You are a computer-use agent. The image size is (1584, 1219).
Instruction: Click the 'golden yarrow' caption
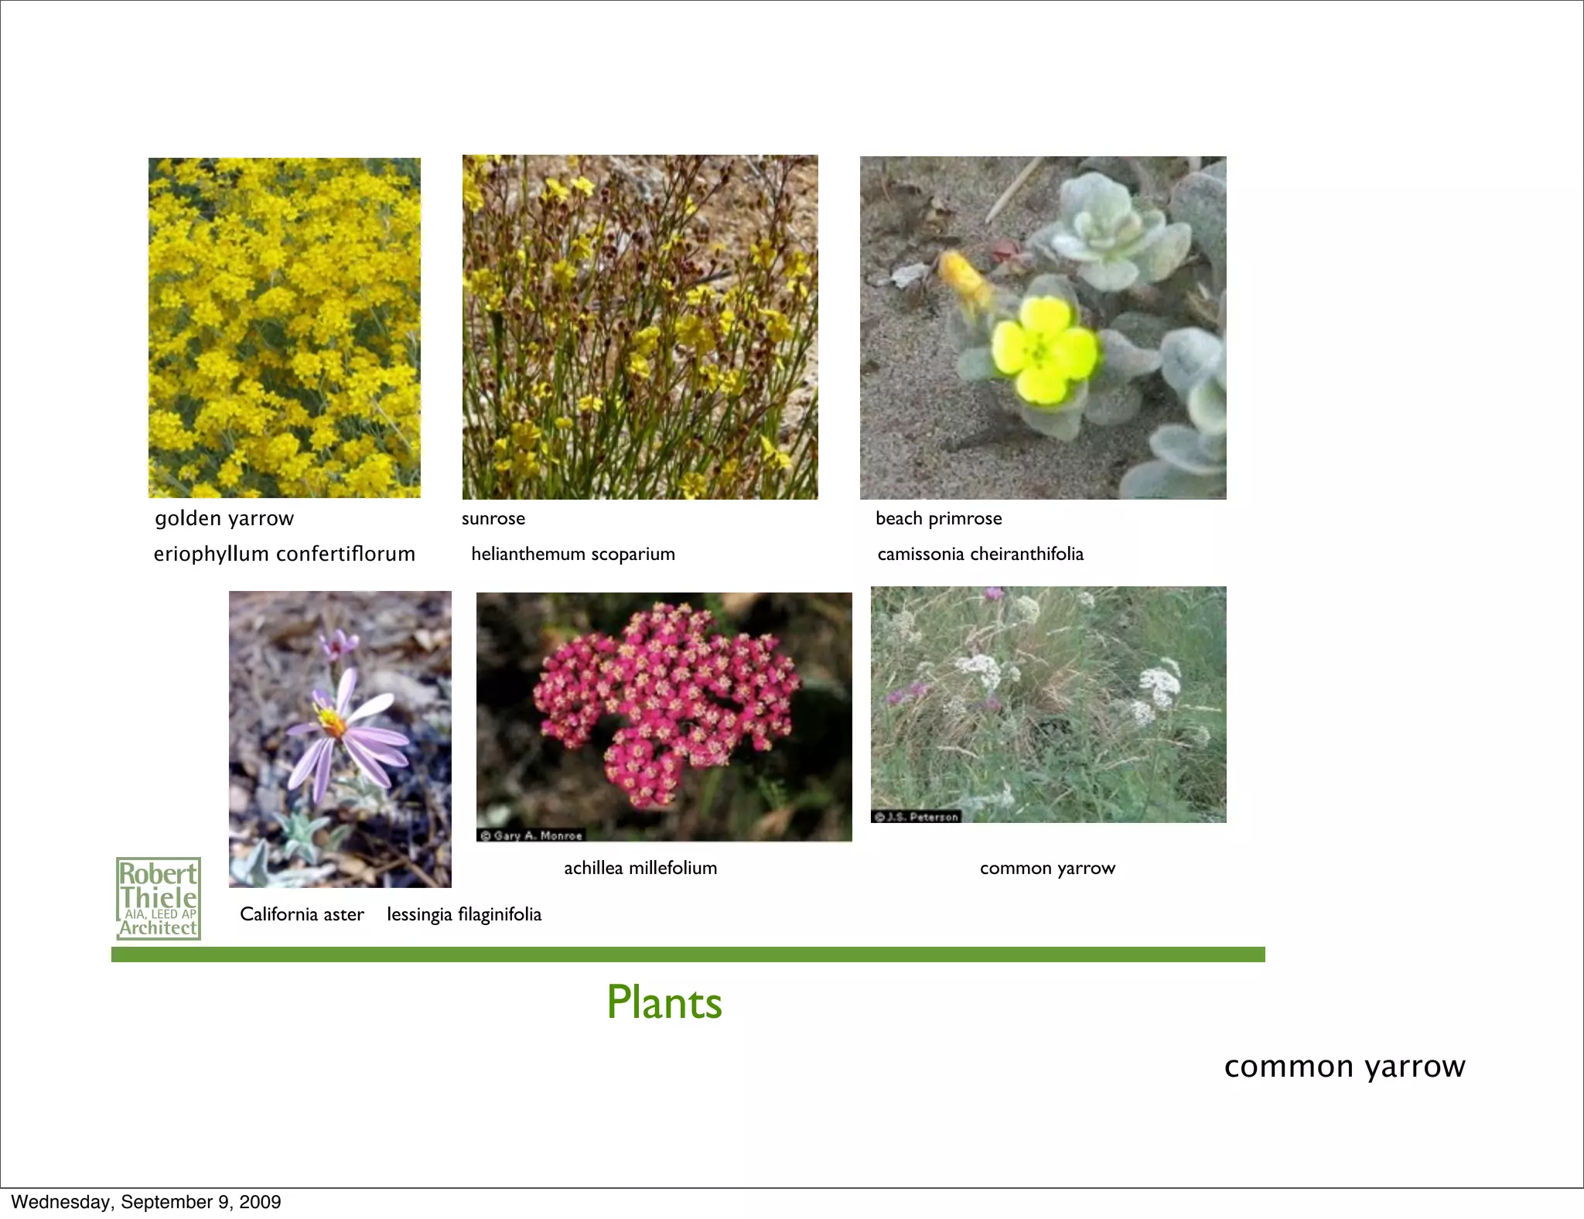pos(224,518)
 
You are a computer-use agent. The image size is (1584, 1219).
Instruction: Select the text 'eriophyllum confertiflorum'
pos(284,554)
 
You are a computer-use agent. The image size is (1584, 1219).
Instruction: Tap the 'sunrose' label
pos(493,518)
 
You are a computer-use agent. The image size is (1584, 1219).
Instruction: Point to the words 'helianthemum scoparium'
pos(573,554)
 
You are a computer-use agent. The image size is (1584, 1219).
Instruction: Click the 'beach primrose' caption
pos(938,518)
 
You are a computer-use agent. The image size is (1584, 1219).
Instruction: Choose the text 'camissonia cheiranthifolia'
pos(980,554)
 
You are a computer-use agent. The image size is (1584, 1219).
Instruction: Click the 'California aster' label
pos(302,914)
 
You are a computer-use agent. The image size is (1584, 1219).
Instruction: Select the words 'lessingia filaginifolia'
pos(464,914)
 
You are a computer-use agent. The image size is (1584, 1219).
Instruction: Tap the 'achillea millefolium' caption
pos(640,868)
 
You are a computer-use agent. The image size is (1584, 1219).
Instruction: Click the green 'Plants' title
pos(664,1002)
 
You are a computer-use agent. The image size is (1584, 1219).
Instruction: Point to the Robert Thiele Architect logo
pos(159,899)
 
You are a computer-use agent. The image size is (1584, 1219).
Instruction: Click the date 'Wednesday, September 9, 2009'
pos(146,1202)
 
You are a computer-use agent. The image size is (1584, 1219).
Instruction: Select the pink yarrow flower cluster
pos(665,700)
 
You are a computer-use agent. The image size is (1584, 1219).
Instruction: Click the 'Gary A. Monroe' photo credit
pos(531,835)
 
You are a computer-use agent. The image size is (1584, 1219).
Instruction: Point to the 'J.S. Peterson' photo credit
pos(917,817)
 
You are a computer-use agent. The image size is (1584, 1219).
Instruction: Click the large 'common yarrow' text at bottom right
pos(1344,1067)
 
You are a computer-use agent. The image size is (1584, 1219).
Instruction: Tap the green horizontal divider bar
pos(688,954)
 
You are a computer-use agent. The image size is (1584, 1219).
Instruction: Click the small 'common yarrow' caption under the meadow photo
pos(1047,868)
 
